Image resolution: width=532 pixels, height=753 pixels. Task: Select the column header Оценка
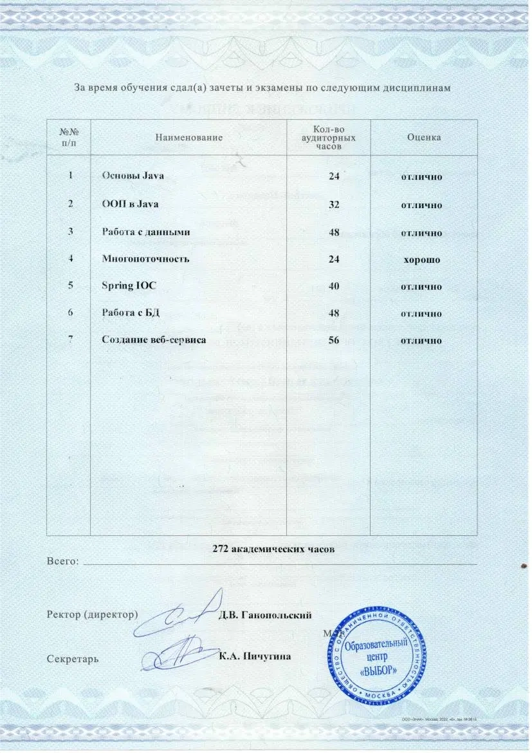coord(424,137)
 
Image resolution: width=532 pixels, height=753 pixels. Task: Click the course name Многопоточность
coord(145,259)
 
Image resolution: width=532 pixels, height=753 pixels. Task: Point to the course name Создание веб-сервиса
coord(154,340)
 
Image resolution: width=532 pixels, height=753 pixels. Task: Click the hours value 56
coord(334,340)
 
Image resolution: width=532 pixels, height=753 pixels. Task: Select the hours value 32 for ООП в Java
coord(334,204)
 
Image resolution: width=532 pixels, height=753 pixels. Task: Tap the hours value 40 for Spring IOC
coord(334,286)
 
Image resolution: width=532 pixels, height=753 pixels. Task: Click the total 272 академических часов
coord(273,550)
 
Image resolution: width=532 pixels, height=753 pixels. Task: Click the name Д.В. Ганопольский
coord(266,614)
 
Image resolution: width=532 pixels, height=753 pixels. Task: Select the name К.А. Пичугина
coord(255,656)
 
